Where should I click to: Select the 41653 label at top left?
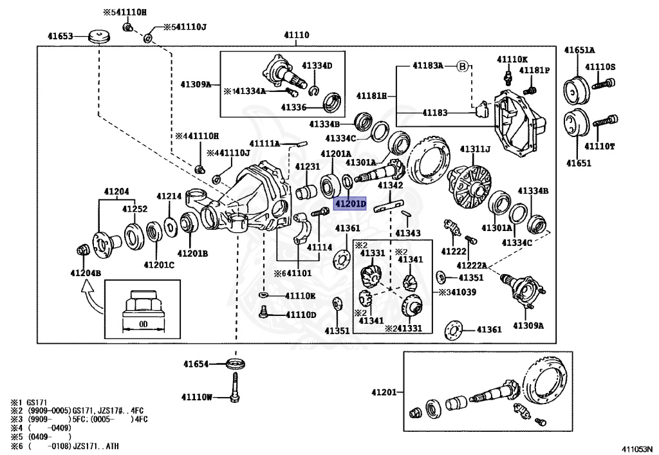tap(60, 37)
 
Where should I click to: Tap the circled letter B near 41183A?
tap(462, 66)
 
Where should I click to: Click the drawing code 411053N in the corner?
tap(636, 449)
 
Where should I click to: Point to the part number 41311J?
tap(475, 149)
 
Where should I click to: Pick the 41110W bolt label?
tap(196, 396)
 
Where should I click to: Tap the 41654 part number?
tap(196, 364)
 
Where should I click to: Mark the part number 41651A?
tap(580, 50)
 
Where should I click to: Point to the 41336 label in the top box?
tap(293, 107)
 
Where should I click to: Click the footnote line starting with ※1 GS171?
tap(28, 402)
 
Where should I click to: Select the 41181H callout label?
tap(373, 96)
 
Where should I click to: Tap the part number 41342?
tap(390, 185)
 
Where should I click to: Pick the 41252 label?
tap(135, 209)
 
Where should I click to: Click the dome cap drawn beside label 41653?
tap(98, 36)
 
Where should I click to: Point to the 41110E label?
tap(300, 296)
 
